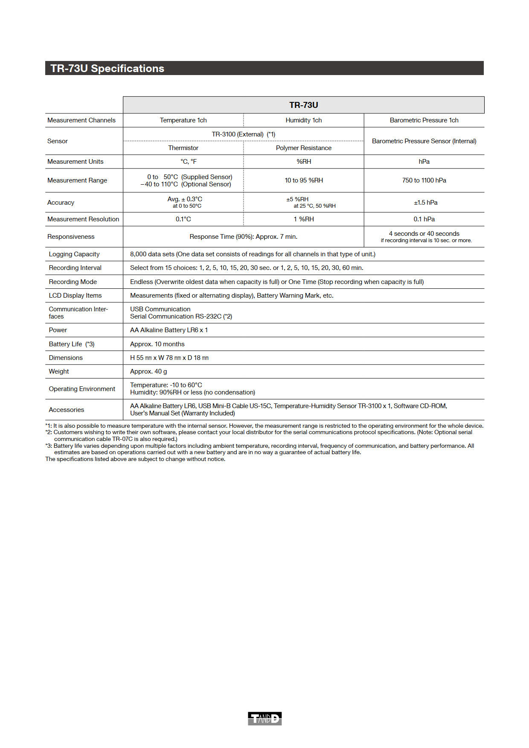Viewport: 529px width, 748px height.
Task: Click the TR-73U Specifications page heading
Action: coord(108,68)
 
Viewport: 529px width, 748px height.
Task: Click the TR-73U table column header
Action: coord(303,105)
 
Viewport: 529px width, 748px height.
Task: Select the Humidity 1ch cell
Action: coord(303,120)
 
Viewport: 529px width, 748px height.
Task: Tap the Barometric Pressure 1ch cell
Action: coord(424,120)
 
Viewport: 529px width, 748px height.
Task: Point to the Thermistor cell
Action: coord(183,148)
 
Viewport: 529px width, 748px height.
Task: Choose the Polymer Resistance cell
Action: coord(303,148)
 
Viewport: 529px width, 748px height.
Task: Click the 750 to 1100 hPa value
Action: coord(424,180)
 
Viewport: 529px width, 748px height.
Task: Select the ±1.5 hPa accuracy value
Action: coord(425,203)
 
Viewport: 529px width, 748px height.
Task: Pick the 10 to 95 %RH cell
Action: coord(303,180)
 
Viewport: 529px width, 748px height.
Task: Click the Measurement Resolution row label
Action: coord(83,219)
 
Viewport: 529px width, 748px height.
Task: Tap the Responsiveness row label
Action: coord(71,237)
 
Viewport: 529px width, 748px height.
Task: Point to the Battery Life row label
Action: coord(72,344)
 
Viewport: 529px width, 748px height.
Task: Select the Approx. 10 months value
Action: coord(157,344)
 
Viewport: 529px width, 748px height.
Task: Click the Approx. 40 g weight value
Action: coord(148,371)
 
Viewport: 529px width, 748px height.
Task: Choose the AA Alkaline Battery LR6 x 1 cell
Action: coord(169,330)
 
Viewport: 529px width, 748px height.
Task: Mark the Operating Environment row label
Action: coord(82,389)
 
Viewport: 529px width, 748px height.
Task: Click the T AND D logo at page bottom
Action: coord(264,719)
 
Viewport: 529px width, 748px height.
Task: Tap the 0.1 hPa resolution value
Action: coord(424,219)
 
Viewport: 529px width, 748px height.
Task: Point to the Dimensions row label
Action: coord(66,358)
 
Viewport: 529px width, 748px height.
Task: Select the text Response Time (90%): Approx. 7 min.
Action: coord(243,237)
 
